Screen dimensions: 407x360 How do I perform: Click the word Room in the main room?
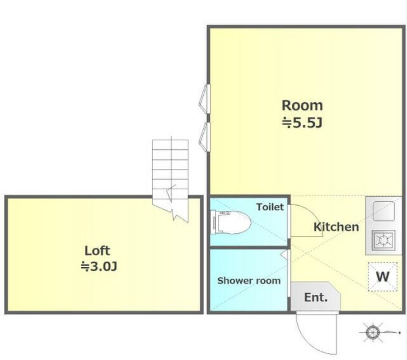tap(302, 105)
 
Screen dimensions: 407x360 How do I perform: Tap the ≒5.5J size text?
tap(302, 123)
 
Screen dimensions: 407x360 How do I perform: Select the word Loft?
tap(97, 250)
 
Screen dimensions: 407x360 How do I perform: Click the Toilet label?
tap(270, 207)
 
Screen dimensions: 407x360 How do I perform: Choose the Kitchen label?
tap(336, 227)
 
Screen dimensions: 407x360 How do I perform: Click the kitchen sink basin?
tap(384, 211)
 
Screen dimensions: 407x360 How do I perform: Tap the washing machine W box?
tap(383, 277)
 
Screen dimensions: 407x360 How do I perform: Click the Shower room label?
tap(249, 280)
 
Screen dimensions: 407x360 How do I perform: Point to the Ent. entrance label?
tap(316, 297)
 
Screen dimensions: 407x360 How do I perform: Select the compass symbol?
tap(373, 332)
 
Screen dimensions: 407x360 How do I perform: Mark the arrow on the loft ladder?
tap(171, 193)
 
